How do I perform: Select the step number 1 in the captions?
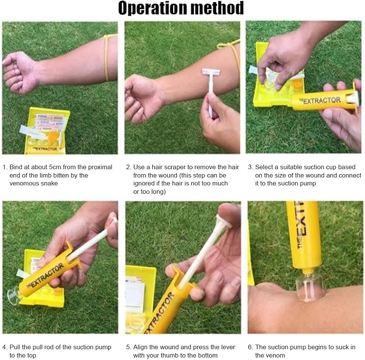tap(5, 167)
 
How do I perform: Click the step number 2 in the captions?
tap(127, 167)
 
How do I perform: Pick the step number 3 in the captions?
tap(250, 167)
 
